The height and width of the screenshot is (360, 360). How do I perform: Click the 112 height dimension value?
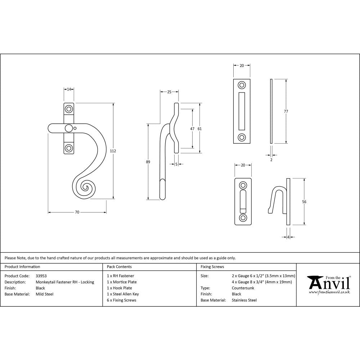113,151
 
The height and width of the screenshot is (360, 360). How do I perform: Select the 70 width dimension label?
77,212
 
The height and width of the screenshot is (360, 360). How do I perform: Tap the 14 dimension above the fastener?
69,89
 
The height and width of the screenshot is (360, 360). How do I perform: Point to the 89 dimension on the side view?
148,162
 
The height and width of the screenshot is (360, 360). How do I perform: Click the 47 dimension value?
192,129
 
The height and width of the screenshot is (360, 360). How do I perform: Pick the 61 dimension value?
200,129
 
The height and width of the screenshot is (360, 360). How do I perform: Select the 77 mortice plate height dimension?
286,112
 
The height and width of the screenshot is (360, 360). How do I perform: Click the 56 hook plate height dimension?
304,202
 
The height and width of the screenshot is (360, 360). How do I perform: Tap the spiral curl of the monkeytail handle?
86,187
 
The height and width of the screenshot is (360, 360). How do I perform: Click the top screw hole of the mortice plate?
242,85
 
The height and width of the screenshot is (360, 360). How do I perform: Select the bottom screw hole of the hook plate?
243,218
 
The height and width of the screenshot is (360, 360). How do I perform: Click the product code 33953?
41,276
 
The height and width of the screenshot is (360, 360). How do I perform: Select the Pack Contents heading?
119,267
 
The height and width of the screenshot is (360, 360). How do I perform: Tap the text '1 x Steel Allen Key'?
123,294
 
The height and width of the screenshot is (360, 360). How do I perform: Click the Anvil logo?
328,284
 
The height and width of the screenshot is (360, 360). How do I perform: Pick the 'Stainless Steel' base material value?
244,300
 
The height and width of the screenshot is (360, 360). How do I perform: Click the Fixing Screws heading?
212,267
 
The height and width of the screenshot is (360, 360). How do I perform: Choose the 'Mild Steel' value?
44,294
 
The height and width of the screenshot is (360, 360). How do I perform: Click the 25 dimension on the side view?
169,92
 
